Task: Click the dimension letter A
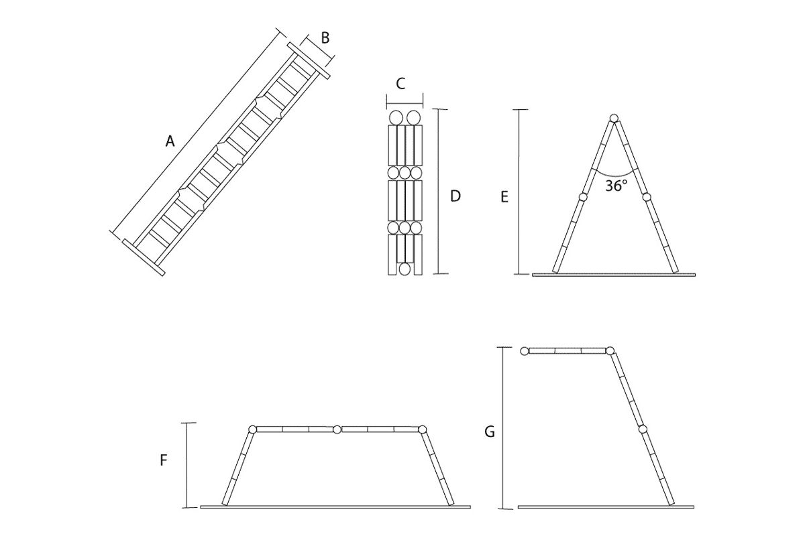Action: (x=170, y=141)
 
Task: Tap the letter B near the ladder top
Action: (x=325, y=38)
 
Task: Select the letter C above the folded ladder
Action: (x=400, y=84)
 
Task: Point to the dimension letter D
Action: (x=455, y=196)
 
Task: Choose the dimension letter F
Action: (x=164, y=460)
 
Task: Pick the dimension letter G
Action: (x=490, y=432)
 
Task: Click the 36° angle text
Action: (x=616, y=186)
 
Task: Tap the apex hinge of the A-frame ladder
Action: (x=614, y=119)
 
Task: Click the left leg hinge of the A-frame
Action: (x=582, y=197)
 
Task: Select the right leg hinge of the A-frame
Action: (x=647, y=197)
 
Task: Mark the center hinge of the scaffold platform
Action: (x=337, y=429)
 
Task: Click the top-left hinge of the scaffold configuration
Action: (x=252, y=429)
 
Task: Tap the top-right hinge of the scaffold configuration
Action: (x=422, y=429)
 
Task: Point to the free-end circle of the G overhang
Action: (x=525, y=350)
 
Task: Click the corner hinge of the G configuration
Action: (x=610, y=350)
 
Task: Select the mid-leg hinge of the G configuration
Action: (x=643, y=429)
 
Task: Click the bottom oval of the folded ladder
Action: (x=405, y=269)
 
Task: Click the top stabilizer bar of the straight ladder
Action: (x=309, y=61)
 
